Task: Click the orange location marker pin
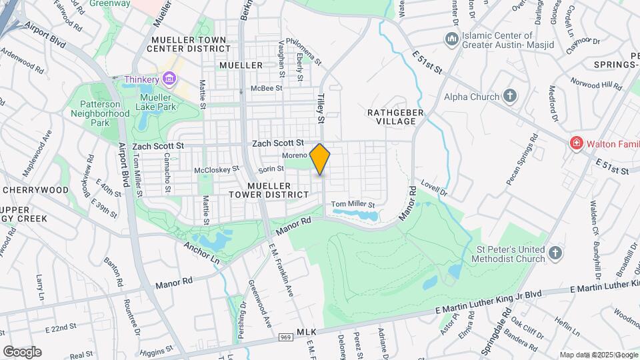320,159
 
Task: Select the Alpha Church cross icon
510,96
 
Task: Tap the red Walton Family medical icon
575,143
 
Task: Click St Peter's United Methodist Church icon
556,253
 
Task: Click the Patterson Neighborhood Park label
100,113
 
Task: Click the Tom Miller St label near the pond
353,204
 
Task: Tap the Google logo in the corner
22,351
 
